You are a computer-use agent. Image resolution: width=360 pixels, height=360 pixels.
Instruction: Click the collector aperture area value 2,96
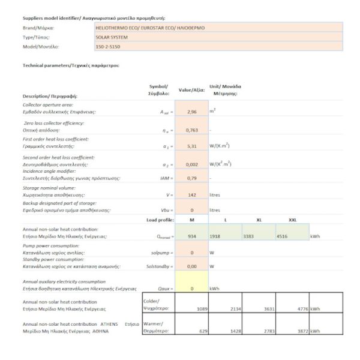[x=191, y=112]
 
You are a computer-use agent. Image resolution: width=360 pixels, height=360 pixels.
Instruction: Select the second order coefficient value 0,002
[x=191, y=163]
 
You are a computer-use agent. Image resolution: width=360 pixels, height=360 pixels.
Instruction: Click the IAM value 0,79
[x=191, y=178]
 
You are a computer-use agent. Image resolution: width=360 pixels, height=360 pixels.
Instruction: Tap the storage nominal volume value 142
[x=191, y=194]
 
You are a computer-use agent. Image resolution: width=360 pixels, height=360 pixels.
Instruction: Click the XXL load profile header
[x=293, y=220]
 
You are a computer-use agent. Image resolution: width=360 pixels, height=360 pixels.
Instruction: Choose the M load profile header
[x=191, y=220]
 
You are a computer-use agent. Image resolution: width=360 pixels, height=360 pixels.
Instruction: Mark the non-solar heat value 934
[x=191, y=236]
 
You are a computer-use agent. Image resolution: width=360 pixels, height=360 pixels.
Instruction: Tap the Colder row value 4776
[x=298, y=308]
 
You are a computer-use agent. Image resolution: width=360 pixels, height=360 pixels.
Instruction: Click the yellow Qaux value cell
[x=191, y=289]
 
